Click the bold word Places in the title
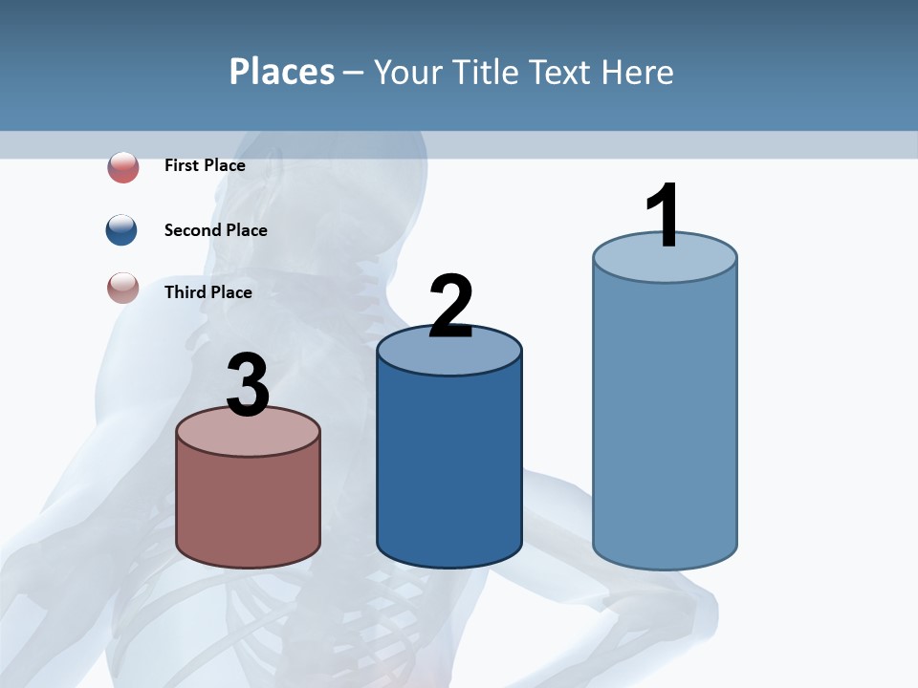pos(282,72)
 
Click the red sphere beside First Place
pos(122,167)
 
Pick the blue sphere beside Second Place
pos(122,230)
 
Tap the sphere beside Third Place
pos(122,288)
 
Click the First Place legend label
pos(205,165)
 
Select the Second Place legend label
pos(215,229)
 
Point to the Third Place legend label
pos(208,291)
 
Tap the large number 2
pos(450,307)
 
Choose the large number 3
pos(248,386)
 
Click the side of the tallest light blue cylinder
pos(665,420)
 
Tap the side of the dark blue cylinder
pos(449,468)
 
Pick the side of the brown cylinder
pos(248,506)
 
